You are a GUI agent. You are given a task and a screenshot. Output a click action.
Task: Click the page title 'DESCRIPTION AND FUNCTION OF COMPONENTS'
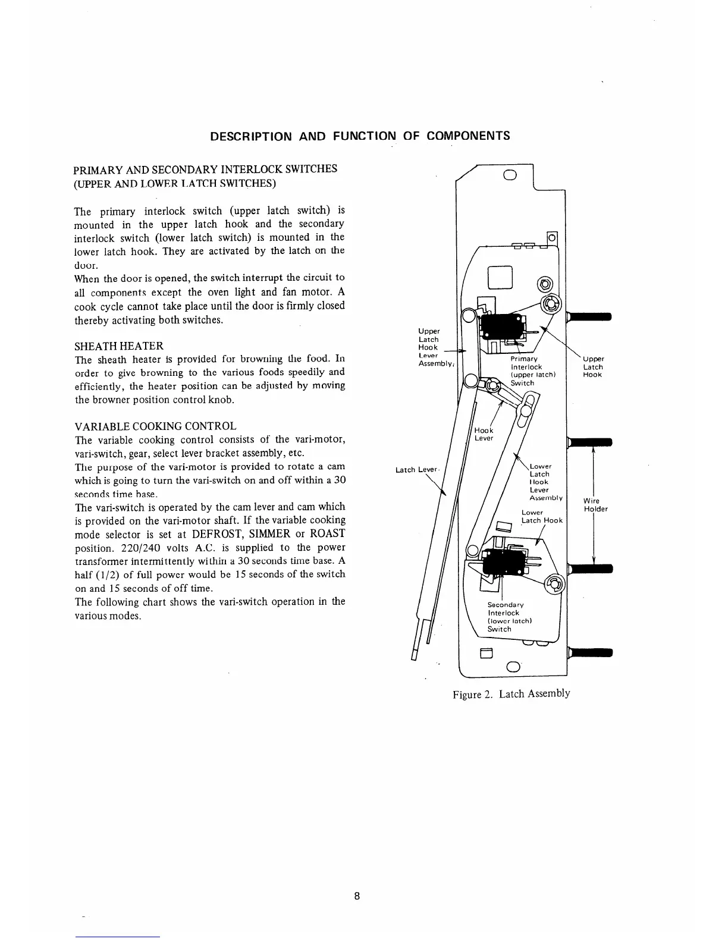[x=360, y=136]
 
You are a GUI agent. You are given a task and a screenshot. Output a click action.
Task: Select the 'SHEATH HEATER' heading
[x=118, y=346]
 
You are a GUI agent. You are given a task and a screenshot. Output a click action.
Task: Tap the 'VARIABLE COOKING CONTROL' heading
[x=155, y=426]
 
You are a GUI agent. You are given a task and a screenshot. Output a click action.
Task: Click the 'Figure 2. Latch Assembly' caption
[x=511, y=693]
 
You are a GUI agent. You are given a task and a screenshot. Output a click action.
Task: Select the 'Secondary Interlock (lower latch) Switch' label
[x=505, y=617]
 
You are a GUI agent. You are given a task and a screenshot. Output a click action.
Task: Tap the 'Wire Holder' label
[x=595, y=505]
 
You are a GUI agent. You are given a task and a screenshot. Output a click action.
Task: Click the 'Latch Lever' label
[x=416, y=470]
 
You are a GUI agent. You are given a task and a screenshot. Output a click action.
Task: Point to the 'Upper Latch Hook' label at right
[x=593, y=367]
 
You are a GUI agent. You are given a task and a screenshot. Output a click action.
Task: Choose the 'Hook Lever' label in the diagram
[x=484, y=434]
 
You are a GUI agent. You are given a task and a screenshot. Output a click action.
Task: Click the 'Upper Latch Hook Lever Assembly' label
[x=429, y=347]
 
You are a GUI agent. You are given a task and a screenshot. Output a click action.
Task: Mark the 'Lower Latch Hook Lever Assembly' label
[x=544, y=482]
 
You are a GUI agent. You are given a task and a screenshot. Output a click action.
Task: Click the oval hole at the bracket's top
[x=509, y=175]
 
